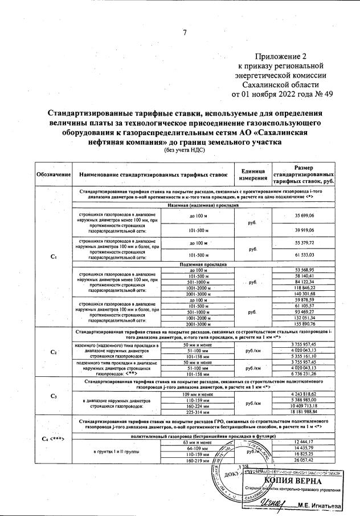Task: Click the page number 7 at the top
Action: [x=184, y=32]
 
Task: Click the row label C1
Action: [x=53, y=257]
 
